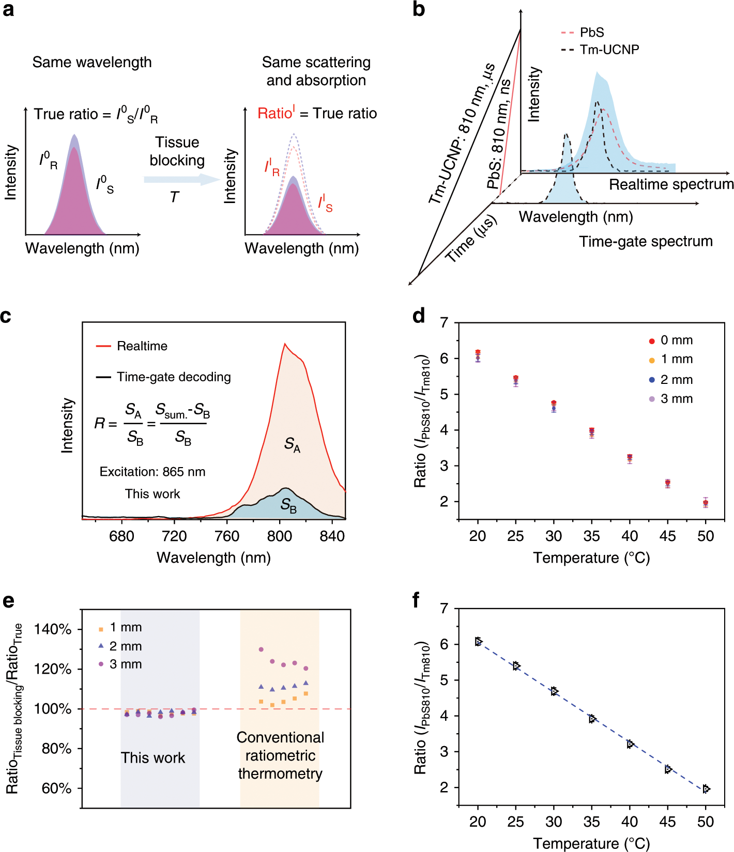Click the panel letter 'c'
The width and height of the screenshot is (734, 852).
[x=6, y=316]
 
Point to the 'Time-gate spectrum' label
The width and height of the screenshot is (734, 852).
[x=646, y=241]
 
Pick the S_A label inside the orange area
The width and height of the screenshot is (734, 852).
[x=292, y=444]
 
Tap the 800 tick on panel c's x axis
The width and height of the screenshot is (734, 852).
[x=280, y=536]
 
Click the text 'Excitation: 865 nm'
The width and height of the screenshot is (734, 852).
[x=152, y=472]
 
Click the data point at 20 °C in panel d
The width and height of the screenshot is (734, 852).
[x=478, y=355]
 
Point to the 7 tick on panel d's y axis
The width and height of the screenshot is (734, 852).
[x=444, y=323]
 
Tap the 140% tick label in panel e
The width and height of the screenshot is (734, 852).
[x=53, y=629]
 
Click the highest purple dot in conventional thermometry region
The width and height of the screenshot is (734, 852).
[x=261, y=649]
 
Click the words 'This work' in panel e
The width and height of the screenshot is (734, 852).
[x=153, y=758]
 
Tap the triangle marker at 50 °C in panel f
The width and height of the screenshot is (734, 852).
[x=706, y=789]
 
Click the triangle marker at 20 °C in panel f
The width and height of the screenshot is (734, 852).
[x=479, y=642]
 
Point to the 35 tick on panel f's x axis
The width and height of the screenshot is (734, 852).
[x=591, y=822]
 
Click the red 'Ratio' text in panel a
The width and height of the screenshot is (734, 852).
[x=276, y=113]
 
